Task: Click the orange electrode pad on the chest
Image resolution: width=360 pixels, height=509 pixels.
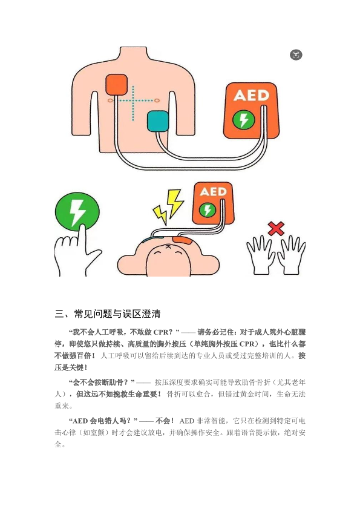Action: coord(117,85)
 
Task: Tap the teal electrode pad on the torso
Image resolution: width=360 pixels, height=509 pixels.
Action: coord(158,121)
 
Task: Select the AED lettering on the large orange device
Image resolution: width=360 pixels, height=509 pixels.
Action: coord(251,95)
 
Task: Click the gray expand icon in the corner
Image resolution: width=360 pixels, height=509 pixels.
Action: coord(296,54)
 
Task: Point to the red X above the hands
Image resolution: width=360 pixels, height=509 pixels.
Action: coord(276,229)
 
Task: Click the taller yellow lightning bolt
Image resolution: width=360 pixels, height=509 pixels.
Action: coord(175,203)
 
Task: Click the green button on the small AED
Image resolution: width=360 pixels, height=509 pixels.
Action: coord(207,209)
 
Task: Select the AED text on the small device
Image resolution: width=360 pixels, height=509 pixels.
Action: coord(213,191)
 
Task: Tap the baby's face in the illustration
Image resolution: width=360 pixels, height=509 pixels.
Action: coord(168,260)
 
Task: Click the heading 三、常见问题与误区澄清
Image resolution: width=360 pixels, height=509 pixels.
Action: coord(108,314)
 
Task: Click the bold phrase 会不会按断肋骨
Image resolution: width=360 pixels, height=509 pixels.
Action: coord(97,383)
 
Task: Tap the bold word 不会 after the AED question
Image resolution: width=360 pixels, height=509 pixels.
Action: coord(163,421)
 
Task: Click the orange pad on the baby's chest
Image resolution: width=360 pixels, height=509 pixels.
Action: coord(183,241)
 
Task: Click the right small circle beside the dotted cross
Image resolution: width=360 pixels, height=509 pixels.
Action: coord(157,100)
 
